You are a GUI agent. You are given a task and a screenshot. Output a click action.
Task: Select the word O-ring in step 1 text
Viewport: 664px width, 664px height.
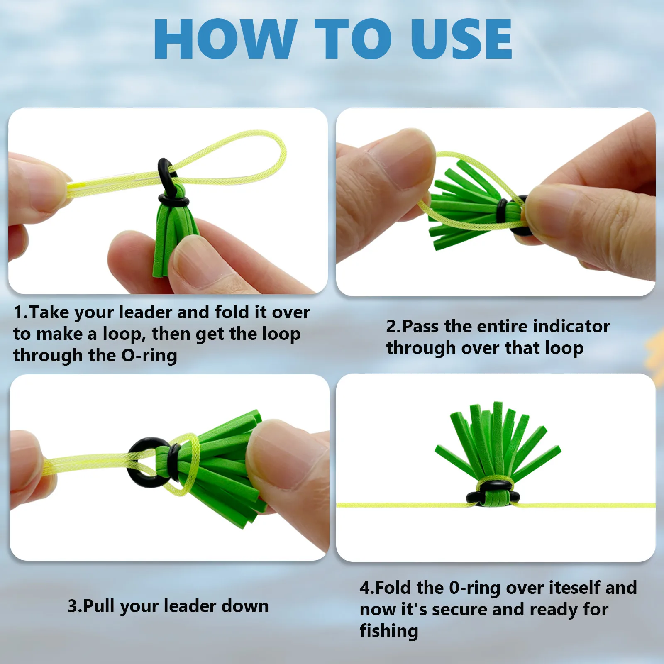[149, 355]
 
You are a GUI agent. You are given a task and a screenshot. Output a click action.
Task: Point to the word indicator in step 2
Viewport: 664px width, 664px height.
[571, 326]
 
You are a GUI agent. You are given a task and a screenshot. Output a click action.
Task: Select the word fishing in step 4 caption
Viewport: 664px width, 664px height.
[389, 631]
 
